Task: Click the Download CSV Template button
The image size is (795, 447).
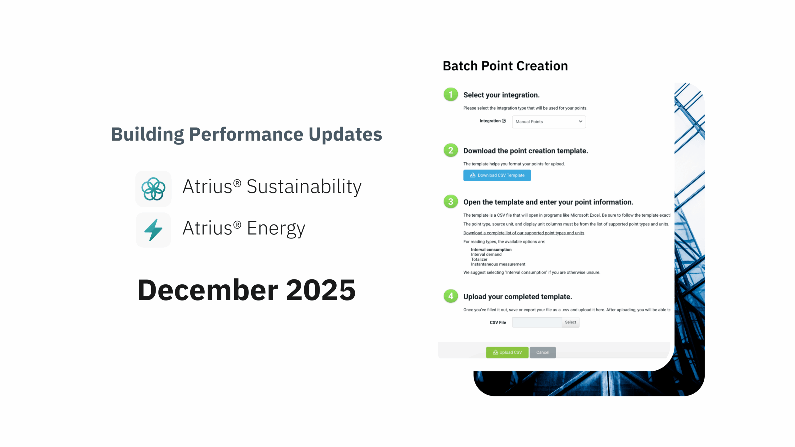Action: point(497,175)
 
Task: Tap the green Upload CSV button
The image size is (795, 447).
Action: point(507,352)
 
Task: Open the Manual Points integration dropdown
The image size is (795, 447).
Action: point(549,122)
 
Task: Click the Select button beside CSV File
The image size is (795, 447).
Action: point(570,322)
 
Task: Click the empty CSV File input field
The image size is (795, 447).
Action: point(537,322)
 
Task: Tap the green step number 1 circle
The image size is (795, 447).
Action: point(451,94)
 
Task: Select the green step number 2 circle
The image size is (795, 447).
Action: point(451,151)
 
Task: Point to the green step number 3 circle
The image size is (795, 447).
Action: point(451,202)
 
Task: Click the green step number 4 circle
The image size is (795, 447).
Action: point(451,296)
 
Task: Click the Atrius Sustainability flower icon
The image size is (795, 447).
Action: point(153,189)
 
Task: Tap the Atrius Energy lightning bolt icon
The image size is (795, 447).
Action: point(153,230)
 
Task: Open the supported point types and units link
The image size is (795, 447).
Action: point(524,233)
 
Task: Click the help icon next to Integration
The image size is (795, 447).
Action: point(504,121)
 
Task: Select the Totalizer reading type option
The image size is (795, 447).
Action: point(479,259)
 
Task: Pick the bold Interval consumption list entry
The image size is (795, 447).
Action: point(491,250)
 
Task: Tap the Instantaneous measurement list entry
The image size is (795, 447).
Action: point(498,264)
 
